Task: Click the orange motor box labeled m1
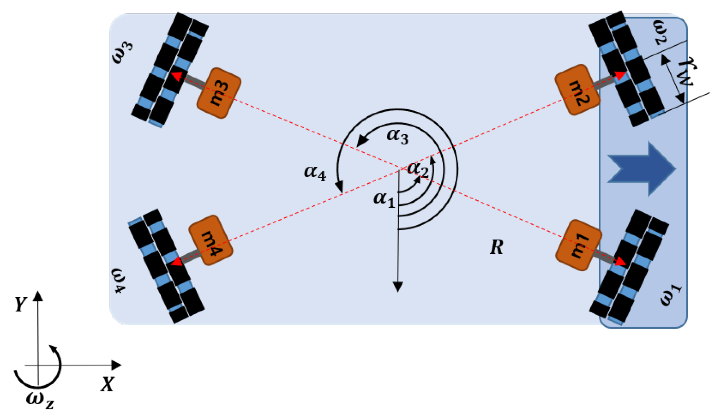tap(578, 245)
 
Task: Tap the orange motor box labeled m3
tap(219, 93)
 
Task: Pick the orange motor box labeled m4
tap(211, 240)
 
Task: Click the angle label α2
tap(418, 169)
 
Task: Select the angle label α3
tap(397, 136)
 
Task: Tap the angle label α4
tap(315, 172)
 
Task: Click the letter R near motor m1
tap(496, 247)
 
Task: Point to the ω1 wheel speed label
tap(670, 295)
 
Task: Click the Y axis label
tap(20, 304)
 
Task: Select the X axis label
tap(107, 384)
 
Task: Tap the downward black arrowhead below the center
tap(398, 287)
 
